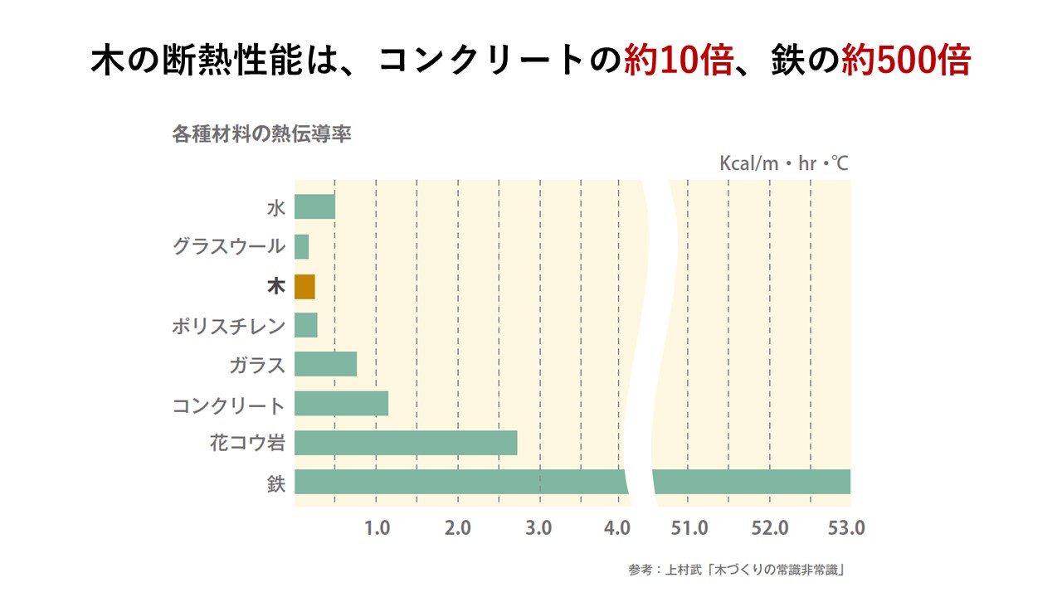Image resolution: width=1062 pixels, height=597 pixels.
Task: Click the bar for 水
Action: coord(314,206)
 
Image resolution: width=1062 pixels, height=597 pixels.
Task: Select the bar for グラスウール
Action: coord(302,246)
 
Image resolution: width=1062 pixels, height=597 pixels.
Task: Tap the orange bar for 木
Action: coord(304,286)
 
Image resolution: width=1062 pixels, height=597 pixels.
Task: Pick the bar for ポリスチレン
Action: coord(306,325)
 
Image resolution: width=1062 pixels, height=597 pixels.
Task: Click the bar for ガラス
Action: coord(325,364)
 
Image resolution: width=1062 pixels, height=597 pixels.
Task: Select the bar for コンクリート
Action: coord(341,404)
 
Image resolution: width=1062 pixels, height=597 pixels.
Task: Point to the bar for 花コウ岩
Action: coord(406,443)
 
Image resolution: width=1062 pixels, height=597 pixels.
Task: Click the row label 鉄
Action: coord(275,483)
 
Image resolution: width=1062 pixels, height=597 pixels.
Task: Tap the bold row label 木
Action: coord(275,287)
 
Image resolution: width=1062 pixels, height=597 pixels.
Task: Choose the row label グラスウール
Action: coord(229,246)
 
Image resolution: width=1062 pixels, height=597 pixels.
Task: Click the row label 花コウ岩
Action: coord(247,444)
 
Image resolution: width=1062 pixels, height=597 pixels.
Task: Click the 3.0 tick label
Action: coord(539,528)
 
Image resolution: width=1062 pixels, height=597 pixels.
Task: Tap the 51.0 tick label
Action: coord(689,528)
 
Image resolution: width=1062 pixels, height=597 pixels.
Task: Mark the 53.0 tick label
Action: coord(847,528)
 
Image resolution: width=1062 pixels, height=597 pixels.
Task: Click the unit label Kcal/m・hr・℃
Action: coord(783,163)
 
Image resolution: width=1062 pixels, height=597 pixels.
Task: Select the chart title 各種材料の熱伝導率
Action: coord(261,134)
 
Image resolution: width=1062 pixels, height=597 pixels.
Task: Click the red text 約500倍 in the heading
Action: coord(905,61)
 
